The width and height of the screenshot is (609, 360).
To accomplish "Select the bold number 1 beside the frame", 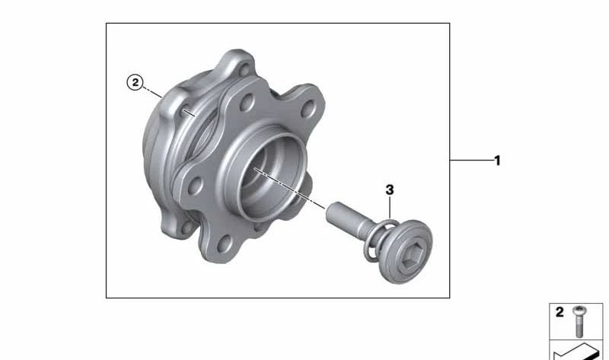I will coord(497,161).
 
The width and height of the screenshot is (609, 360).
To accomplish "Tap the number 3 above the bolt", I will coord(389,189).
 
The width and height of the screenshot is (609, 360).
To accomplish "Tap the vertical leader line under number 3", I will coord(389,209).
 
